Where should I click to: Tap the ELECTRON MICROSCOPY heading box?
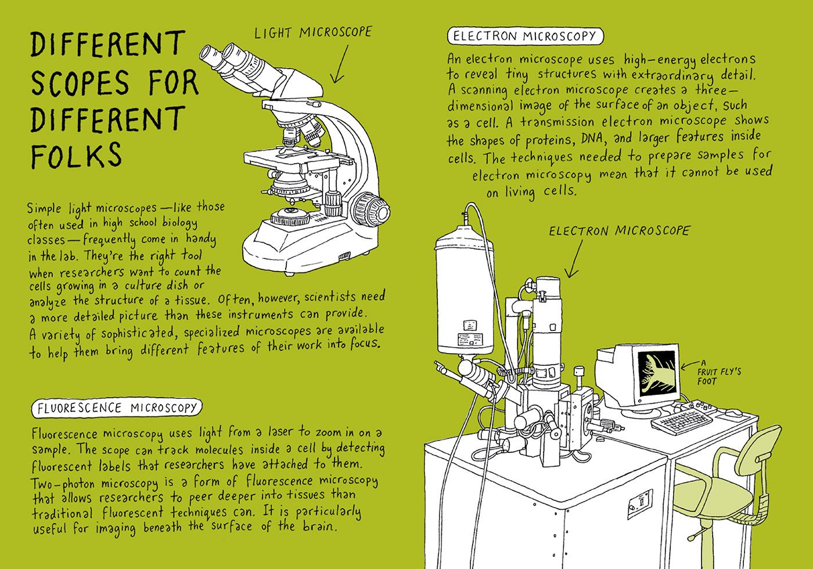525,36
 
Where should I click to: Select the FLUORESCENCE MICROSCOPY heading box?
117,408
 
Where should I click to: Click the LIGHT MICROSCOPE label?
313,33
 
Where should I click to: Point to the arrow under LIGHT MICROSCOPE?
339,64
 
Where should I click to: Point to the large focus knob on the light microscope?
372,210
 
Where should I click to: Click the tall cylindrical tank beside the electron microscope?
465,290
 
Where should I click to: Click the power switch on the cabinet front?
640,503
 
